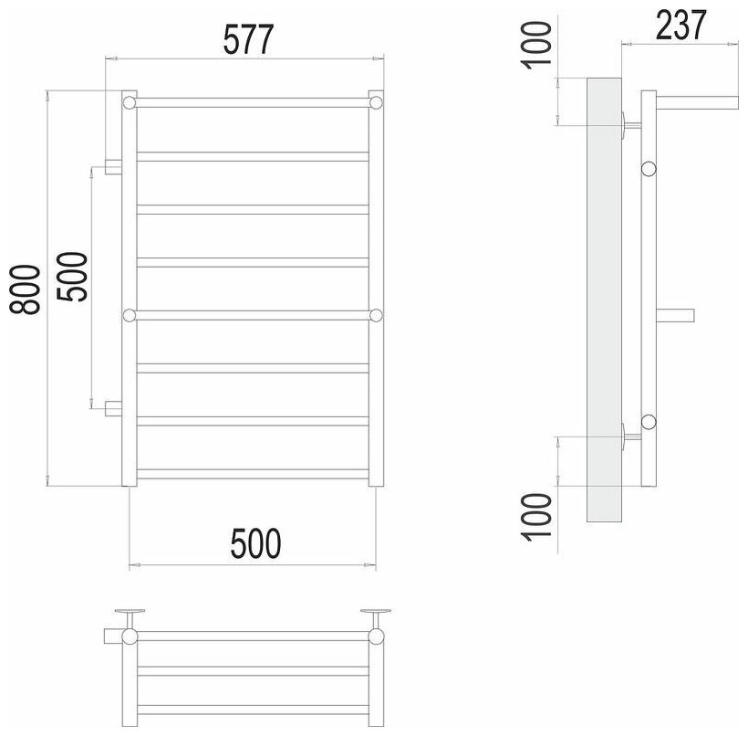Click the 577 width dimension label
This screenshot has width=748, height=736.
pyautogui.click(x=248, y=39)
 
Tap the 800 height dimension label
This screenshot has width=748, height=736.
pyautogui.click(x=25, y=289)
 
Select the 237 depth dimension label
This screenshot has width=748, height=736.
pyautogui.click(x=680, y=25)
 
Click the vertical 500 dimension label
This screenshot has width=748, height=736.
pyautogui.click(x=72, y=277)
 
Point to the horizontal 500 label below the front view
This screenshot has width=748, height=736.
pyautogui.click(x=255, y=543)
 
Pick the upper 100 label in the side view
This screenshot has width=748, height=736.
pyautogui.click(x=536, y=45)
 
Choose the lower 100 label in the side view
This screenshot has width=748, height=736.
pyautogui.click(x=536, y=517)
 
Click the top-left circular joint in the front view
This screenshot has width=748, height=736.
pyautogui.click(x=130, y=102)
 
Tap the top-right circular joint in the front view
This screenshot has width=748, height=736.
pyautogui.click(x=376, y=102)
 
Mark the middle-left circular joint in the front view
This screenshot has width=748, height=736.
pyautogui.click(x=130, y=315)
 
